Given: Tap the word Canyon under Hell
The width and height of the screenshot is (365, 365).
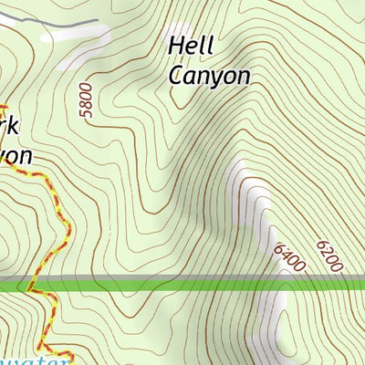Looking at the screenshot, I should pos(209,75).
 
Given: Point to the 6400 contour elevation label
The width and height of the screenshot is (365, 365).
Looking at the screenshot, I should pos(288,256).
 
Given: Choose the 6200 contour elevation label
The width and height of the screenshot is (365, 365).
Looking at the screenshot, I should pos(329,256).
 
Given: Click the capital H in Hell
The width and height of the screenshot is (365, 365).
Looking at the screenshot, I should pos(175,46).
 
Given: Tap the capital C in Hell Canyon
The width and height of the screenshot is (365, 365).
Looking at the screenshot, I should pos(175,75).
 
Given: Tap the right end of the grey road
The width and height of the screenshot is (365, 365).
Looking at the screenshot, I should pos(97,20).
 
